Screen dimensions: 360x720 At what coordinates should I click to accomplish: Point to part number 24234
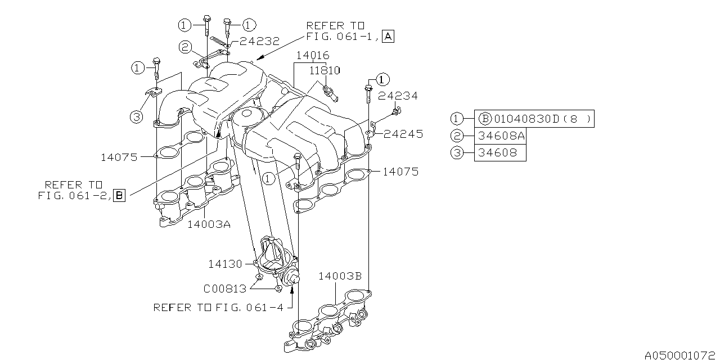(x=398, y=96)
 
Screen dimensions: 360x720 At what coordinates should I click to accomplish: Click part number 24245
(x=404, y=134)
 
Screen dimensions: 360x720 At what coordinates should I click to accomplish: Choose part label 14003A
(x=209, y=224)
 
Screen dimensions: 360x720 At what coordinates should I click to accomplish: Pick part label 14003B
(x=340, y=276)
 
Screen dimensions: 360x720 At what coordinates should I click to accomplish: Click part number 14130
(x=225, y=263)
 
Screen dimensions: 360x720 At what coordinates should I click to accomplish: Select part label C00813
(x=225, y=289)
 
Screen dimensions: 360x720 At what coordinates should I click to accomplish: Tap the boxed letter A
(x=388, y=37)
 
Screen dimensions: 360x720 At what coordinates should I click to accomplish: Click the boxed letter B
(x=119, y=195)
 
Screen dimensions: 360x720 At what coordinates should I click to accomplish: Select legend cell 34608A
(x=500, y=136)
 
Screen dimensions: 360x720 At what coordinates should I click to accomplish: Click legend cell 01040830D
(x=534, y=119)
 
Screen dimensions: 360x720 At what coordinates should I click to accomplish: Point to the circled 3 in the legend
(x=456, y=152)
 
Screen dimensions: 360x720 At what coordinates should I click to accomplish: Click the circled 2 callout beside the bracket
(x=186, y=47)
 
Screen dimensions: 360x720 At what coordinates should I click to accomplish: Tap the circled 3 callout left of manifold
(x=136, y=117)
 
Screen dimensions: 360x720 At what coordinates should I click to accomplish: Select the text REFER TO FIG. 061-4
(x=219, y=308)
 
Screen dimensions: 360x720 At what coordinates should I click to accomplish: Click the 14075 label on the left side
(x=119, y=157)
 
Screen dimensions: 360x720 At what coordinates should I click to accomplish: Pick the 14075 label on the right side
(x=400, y=172)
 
